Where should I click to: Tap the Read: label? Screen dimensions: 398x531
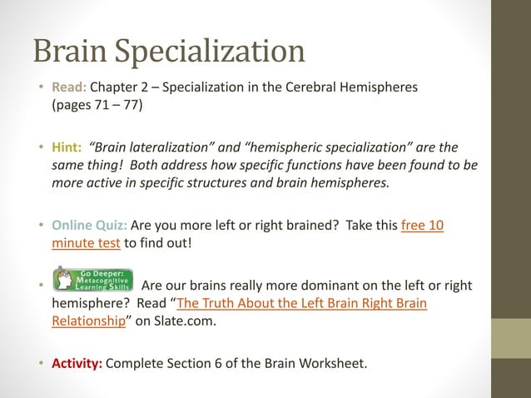[69, 87]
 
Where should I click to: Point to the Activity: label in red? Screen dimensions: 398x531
[77, 362]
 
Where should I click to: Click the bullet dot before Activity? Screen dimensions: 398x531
[40, 363]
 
